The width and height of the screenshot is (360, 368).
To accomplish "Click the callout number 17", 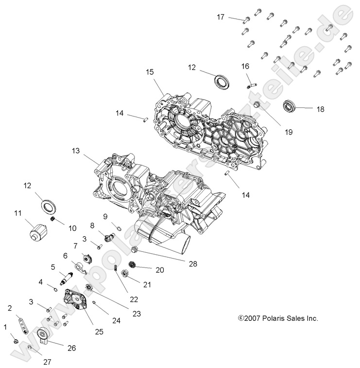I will (221, 17).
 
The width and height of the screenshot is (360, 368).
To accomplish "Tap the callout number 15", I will (150, 71).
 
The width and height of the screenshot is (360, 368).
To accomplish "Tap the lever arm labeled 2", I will (22, 321).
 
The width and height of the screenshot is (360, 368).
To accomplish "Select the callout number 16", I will (245, 66).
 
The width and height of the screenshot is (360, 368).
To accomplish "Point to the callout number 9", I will (105, 216).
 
